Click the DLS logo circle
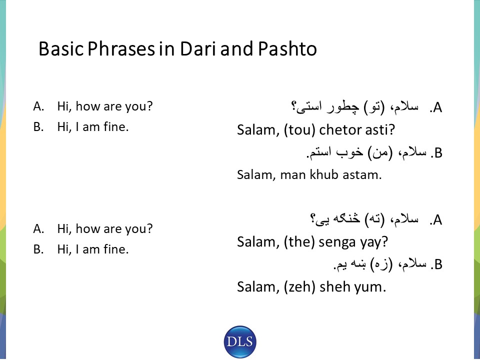(x=240, y=341)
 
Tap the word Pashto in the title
(x=287, y=48)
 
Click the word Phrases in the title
(x=121, y=48)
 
